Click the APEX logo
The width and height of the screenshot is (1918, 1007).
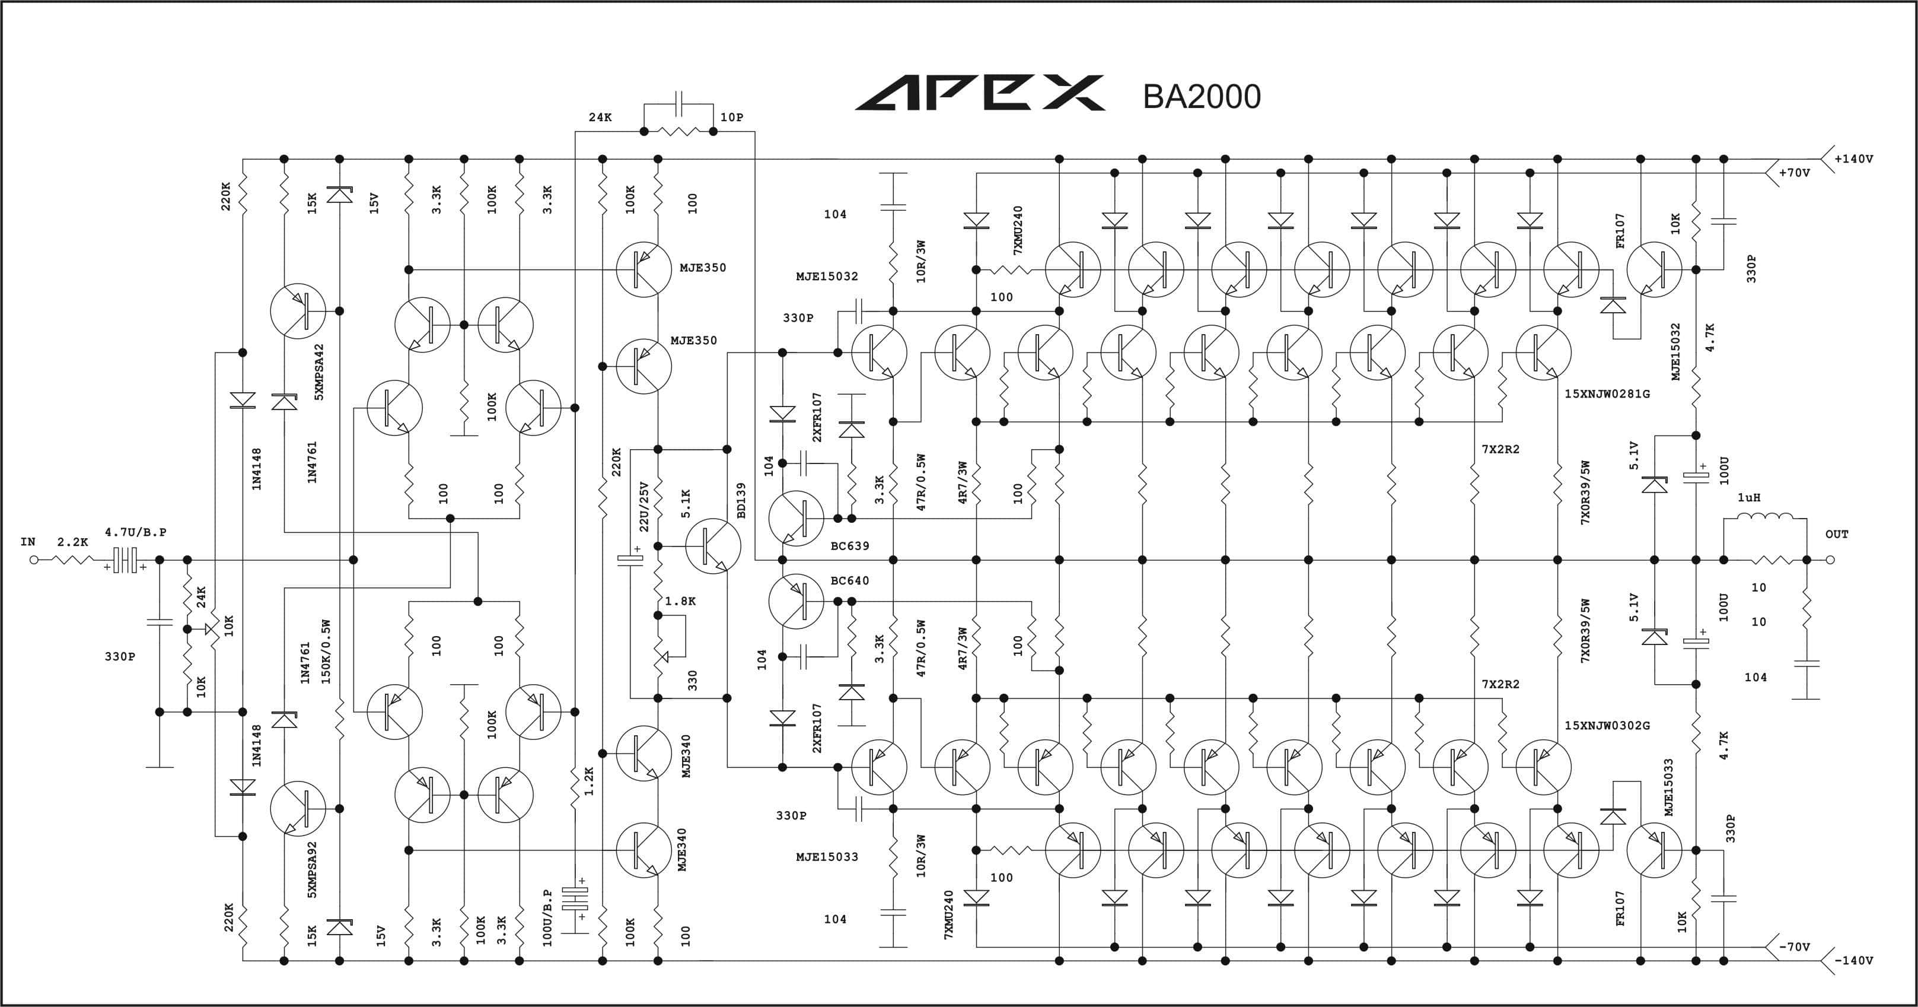980,93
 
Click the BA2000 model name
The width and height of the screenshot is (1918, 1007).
1202,97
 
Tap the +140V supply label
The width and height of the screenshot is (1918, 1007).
1854,158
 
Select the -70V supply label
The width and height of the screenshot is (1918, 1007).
1795,946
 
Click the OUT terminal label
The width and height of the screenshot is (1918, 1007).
1837,534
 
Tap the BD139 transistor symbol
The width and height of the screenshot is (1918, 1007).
712,546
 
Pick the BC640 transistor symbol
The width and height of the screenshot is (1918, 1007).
796,601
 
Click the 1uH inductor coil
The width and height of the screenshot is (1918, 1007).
1764,517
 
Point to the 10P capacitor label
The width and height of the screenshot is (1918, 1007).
732,117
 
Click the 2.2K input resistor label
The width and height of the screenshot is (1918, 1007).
72,542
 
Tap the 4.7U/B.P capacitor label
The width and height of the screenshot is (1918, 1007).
135,532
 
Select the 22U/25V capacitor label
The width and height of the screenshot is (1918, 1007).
645,507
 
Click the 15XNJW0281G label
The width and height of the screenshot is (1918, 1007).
1607,393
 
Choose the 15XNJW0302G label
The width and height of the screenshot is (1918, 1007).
1607,725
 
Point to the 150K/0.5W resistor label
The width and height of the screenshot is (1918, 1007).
326,652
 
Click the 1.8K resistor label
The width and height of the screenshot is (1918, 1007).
680,601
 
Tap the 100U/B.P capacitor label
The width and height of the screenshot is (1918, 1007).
548,917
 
